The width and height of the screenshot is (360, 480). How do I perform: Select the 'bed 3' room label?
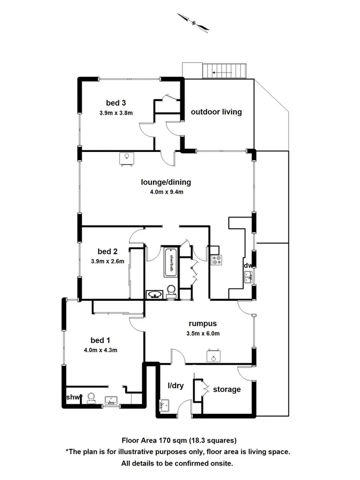coord(116,102)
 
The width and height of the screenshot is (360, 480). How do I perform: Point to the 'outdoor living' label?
coord(217,112)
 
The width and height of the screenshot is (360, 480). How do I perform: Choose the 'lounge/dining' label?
coord(166,182)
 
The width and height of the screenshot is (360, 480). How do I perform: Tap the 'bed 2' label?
coord(108,251)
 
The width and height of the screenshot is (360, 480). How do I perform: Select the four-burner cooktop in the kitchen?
coord(217,260)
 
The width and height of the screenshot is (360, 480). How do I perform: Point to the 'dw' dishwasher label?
coord(248,265)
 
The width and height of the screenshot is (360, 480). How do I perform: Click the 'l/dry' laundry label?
coord(176,386)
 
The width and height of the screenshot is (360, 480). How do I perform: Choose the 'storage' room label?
coord(227,389)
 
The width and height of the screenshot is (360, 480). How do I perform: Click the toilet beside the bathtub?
coord(171,291)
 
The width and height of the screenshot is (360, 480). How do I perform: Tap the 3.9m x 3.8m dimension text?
coord(116,113)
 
